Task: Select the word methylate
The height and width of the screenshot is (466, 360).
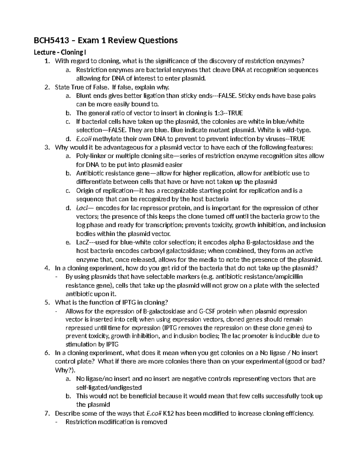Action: tap(103, 139)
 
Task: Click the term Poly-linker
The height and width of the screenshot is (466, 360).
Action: tap(90, 156)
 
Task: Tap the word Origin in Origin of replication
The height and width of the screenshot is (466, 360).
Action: tap(85, 191)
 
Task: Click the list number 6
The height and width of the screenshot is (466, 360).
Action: tap(46, 353)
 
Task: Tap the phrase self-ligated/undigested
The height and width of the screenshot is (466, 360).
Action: tap(109, 387)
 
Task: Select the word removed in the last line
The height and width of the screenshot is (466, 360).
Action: tap(156, 422)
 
